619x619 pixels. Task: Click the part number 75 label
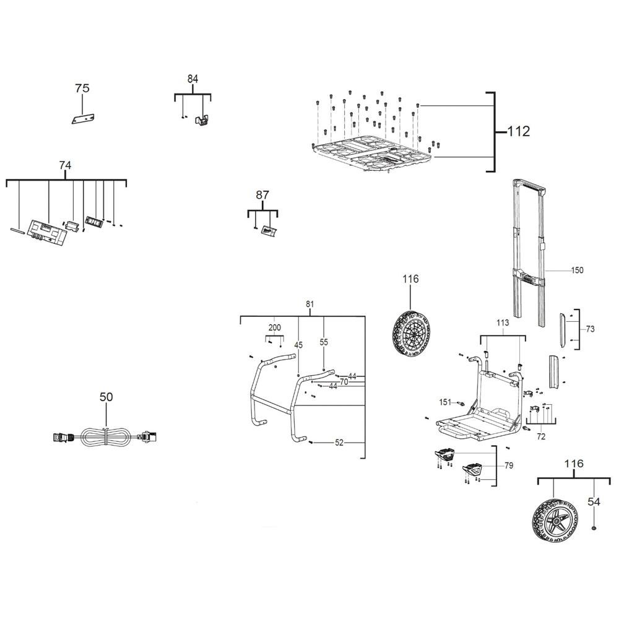(x=82, y=88)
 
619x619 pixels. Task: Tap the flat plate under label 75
(x=83, y=118)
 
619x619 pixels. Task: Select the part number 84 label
(x=193, y=79)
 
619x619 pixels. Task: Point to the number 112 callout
(x=518, y=131)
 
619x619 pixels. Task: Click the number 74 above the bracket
(x=65, y=165)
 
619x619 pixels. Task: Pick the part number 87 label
(x=262, y=195)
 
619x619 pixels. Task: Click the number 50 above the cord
(x=106, y=397)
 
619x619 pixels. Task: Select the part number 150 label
(x=577, y=271)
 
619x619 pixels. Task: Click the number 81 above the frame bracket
(x=310, y=304)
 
